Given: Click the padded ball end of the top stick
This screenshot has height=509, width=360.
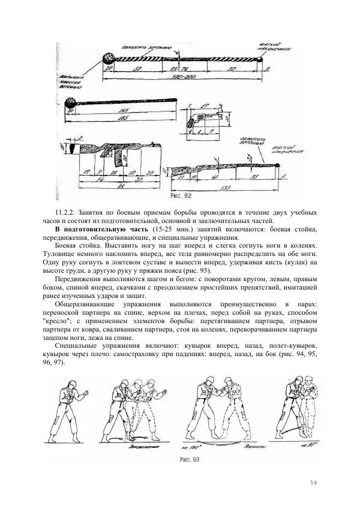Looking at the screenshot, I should point(108,58).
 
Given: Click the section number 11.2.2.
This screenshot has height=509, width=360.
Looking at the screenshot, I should point(67,213).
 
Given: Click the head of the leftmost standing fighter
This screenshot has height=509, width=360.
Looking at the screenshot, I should point(67,381).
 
